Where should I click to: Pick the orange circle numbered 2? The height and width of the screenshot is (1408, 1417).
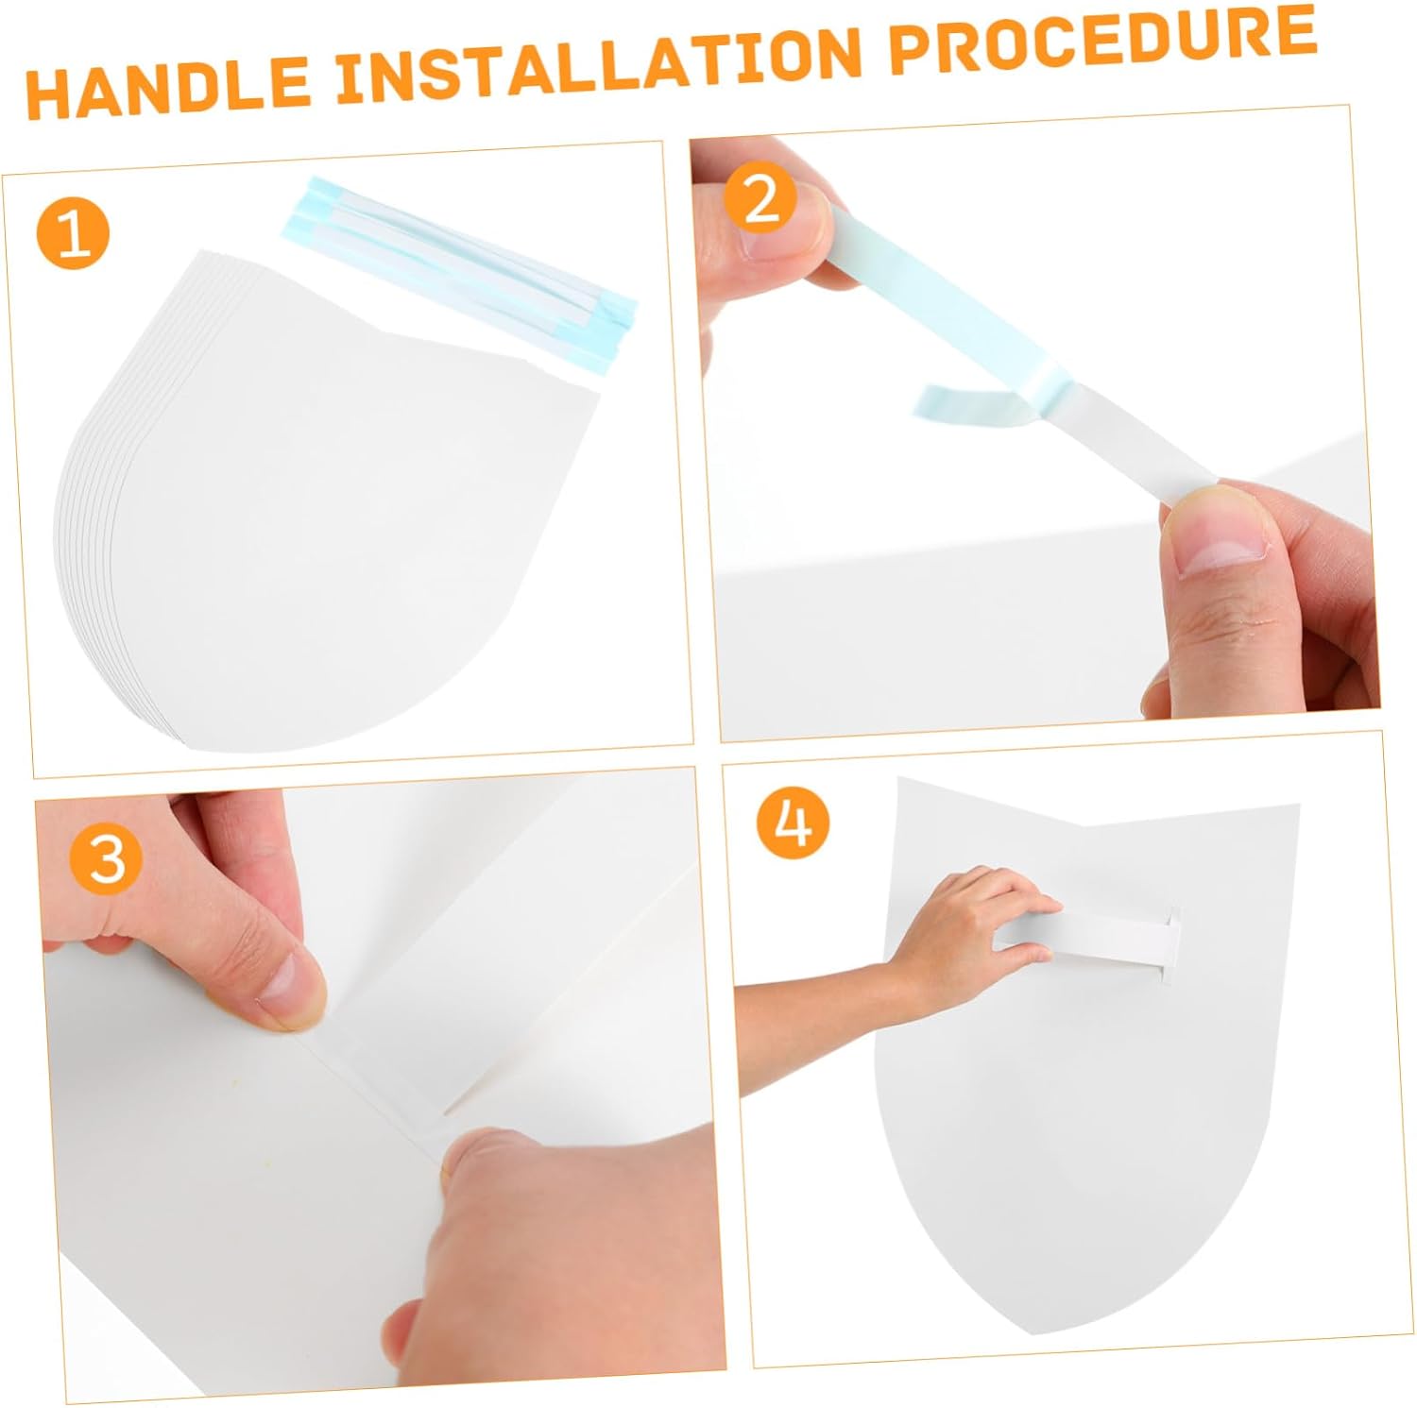pos(761,198)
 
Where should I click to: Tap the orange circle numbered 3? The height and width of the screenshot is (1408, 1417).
pos(107,858)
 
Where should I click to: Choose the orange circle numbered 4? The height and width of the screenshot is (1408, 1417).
pos(794,822)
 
